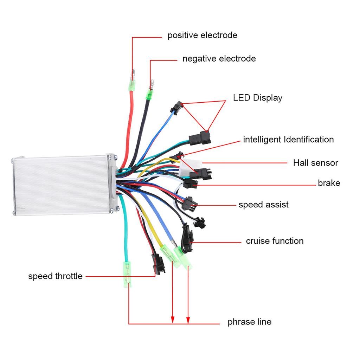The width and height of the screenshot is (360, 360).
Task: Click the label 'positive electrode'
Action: pos(202,35)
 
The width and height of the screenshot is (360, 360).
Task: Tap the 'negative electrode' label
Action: pos(219,58)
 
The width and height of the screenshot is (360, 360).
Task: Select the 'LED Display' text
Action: pos(258,97)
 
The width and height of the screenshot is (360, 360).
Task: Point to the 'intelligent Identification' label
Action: pos(288,139)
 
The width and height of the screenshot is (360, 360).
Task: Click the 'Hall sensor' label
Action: pos(315,163)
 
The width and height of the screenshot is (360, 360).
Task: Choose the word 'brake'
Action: pos(329,183)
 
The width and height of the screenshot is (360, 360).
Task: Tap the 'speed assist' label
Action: pos(263,205)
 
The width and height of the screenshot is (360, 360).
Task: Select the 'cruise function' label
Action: pos(275,241)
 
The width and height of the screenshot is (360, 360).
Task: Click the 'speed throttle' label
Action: pos(55,276)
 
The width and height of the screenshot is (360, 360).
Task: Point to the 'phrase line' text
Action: pos(249,322)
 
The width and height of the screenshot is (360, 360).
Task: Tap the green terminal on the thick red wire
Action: pos(133,85)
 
